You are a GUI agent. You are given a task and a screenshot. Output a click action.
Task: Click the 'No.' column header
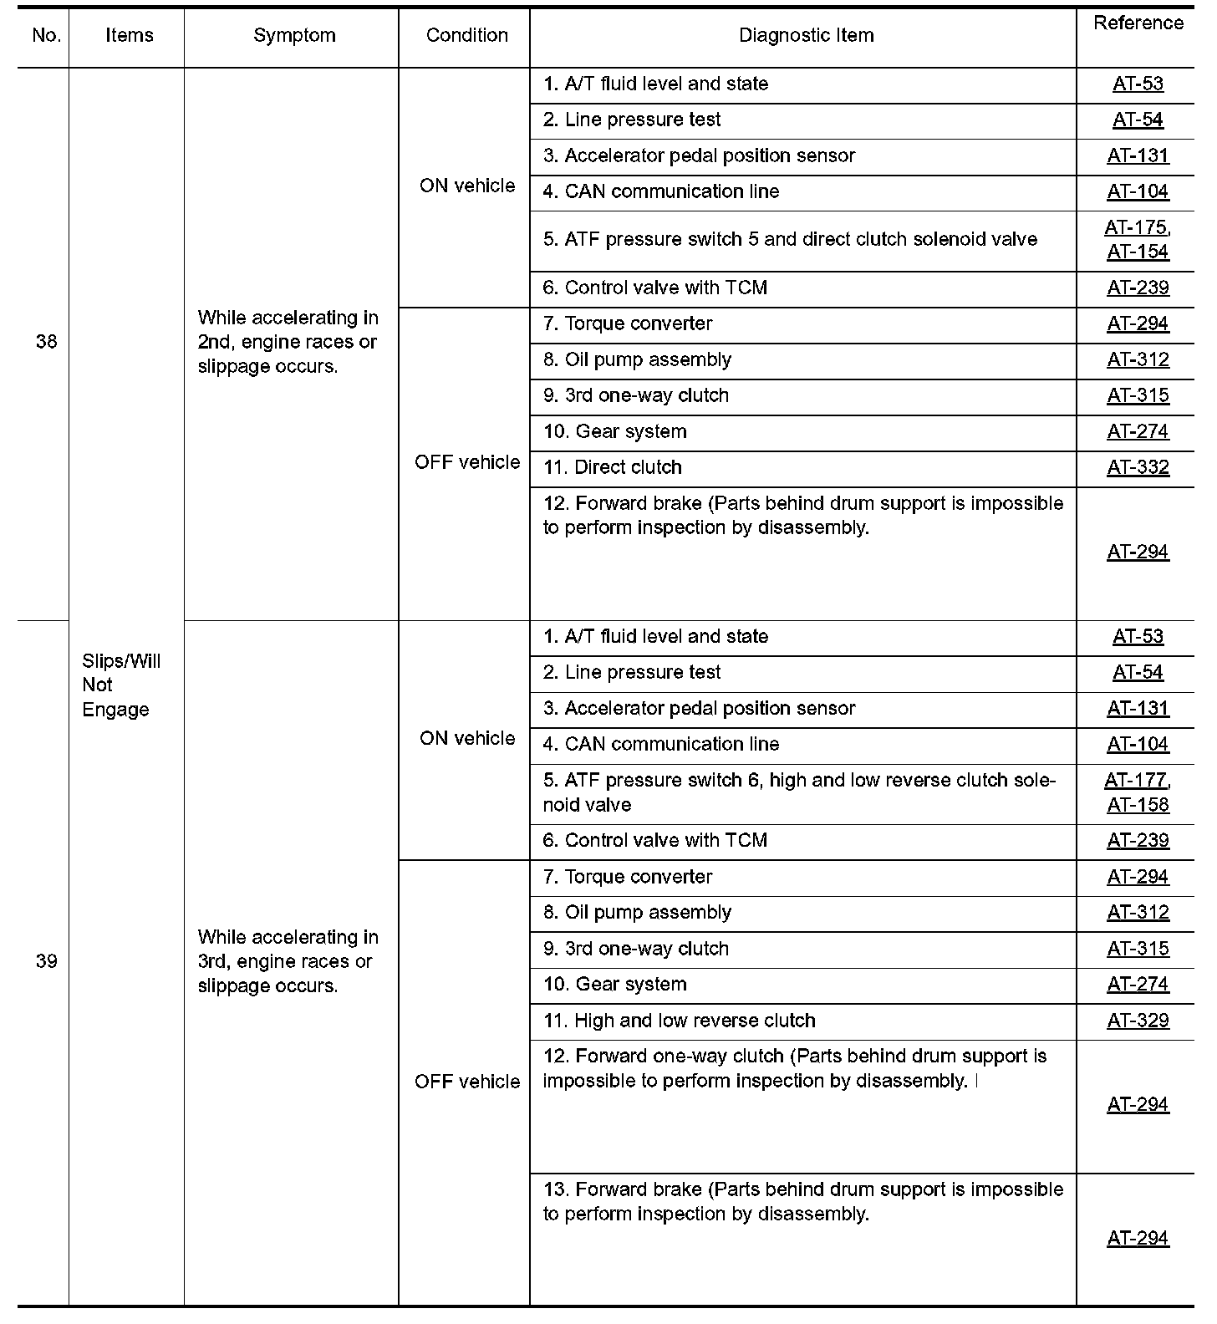(47, 36)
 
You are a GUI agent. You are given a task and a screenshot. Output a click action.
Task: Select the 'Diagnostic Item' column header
(806, 36)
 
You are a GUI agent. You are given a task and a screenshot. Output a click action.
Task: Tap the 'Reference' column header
(1138, 23)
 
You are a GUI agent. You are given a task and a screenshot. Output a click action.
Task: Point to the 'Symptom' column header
(294, 36)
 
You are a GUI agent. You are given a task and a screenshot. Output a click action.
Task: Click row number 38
(47, 342)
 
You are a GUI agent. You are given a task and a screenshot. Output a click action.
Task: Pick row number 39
(47, 961)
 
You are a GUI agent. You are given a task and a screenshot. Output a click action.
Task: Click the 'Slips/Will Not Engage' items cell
(120, 685)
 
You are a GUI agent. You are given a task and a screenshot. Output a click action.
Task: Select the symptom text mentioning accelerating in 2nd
(288, 342)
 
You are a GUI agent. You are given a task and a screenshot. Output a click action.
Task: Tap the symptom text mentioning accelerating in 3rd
(288, 961)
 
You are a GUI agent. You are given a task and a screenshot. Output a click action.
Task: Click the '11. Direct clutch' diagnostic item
(612, 468)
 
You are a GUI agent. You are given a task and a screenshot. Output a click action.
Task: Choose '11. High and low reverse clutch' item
(679, 1021)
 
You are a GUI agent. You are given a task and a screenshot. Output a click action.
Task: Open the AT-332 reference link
(1138, 468)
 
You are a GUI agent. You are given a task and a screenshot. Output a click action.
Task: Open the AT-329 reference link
(1138, 1021)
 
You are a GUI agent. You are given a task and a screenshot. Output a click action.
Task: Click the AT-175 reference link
(1136, 228)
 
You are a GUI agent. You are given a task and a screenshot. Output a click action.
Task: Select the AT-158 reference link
(1138, 805)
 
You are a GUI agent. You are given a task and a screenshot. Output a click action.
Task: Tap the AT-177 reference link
(1136, 781)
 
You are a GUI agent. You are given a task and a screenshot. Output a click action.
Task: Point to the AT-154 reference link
(1138, 252)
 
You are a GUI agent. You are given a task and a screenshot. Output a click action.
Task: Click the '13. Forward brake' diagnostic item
(802, 1201)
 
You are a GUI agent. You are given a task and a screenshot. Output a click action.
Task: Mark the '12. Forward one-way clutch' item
(794, 1068)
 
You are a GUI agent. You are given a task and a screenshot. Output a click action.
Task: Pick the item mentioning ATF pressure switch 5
(790, 240)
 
